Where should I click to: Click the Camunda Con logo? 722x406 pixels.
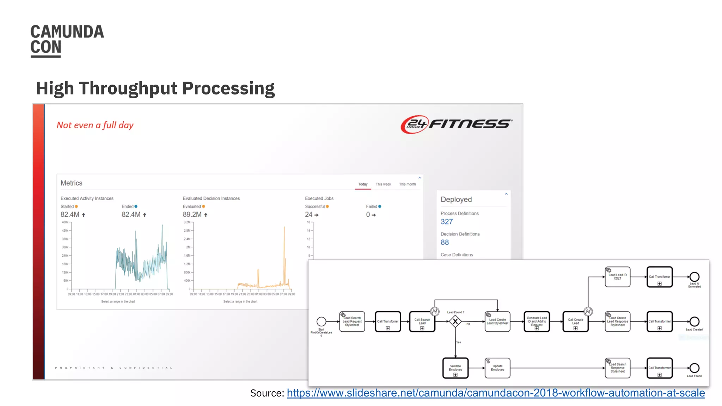click(x=67, y=40)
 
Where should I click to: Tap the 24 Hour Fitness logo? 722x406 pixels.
click(x=457, y=124)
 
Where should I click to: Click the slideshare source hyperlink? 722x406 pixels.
click(x=496, y=393)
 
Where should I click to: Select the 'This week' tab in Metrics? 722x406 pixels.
click(x=383, y=184)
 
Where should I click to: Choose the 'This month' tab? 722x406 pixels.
click(x=407, y=184)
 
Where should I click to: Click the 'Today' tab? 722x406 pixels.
click(x=363, y=184)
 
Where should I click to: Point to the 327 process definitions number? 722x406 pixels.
click(x=447, y=222)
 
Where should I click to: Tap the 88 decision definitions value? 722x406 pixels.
click(x=445, y=242)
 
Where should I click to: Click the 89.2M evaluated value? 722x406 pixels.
click(x=192, y=215)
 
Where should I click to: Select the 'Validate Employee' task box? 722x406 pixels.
click(x=455, y=368)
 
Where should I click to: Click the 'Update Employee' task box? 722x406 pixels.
click(x=497, y=368)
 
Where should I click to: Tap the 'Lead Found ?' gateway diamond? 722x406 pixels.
click(x=455, y=321)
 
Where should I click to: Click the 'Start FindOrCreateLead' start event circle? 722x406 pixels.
click(x=321, y=321)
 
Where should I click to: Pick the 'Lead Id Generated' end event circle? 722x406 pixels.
click(x=695, y=277)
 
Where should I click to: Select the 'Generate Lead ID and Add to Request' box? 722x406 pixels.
click(x=537, y=321)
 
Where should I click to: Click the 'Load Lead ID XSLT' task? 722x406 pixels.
click(x=617, y=277)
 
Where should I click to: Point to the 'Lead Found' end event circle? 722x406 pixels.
click(x=695, y=368)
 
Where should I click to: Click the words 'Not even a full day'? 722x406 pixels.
click(x=95, y=125)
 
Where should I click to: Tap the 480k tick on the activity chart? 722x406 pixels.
click(x=65, y=222)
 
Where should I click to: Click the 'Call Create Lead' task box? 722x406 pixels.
click(x=575, y=321)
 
